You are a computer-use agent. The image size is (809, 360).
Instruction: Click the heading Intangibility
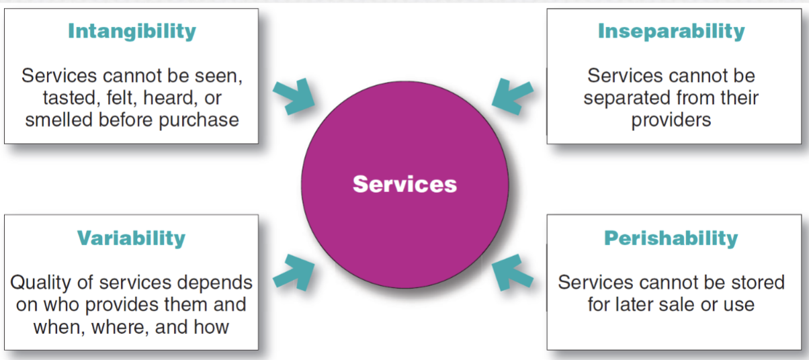tap(132, 31)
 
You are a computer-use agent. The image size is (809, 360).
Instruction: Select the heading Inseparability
tap(671, 31)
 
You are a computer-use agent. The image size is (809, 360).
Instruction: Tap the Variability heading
tap(131, 238)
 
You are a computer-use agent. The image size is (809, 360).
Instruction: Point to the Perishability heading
tap(671, 238)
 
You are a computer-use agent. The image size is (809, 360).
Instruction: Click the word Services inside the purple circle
tap(404, 184)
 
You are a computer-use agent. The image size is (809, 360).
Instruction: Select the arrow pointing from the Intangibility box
tap(294, 97)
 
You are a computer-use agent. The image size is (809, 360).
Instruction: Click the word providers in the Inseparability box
tap(671, 120)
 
